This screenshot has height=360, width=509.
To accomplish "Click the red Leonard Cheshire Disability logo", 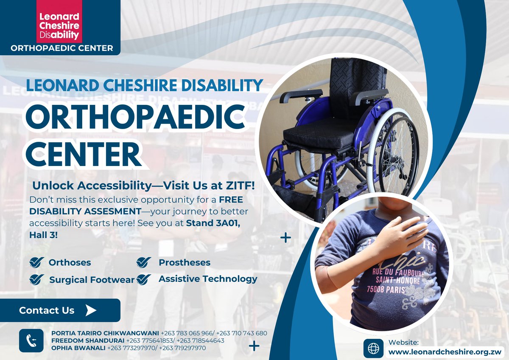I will [x=59, y=21].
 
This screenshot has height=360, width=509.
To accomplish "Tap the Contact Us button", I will [x=60, y=310].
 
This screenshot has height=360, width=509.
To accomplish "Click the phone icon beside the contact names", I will [x=31, y=340].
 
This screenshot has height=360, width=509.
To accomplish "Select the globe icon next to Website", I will [x=373, y=348].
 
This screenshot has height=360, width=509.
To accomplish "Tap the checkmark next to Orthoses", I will [x=37, y=263].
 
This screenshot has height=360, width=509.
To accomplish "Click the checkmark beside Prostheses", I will [x=144, y=263].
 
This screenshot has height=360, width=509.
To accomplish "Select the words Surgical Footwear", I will [x=92, y=280].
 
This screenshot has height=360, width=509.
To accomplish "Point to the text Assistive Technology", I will [x=208, y=279].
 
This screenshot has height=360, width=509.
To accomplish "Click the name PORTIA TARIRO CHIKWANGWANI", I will [x=105, y=333].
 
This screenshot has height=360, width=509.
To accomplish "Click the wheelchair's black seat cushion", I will [x=320, y=136].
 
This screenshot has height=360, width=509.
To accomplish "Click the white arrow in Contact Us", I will [x=90, y=310].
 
